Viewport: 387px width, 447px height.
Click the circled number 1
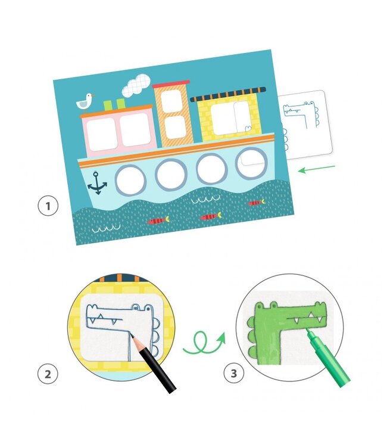point(48,206)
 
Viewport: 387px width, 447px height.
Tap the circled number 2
point(48,374)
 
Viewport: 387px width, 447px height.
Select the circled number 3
point(234,373)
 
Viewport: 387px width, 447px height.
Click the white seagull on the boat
point(85,101)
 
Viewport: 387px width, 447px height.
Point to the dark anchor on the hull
point(97,184)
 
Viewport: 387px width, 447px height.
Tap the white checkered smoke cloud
point(136,85)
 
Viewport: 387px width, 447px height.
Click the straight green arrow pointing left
point(316,169)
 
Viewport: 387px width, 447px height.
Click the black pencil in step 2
point(154,364)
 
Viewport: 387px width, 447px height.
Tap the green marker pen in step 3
point(328,357)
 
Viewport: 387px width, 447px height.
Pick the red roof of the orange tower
point(171,84)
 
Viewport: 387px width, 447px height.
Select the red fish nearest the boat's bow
point(158,221)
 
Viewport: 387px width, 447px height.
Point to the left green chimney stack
point(108,105)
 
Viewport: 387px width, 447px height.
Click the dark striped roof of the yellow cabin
point(228,94)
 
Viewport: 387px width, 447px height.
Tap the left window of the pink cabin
point(102,134)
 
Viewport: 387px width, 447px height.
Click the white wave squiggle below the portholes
point(205,200)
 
